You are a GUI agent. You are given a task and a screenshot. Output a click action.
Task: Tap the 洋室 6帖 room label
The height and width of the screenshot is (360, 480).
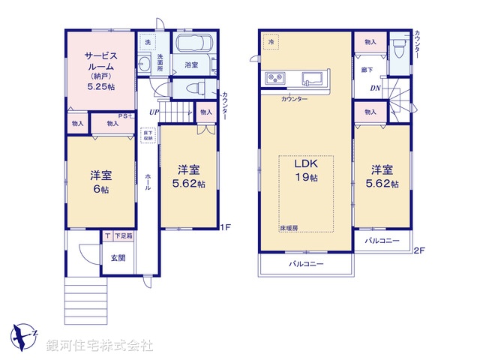coord(100,182)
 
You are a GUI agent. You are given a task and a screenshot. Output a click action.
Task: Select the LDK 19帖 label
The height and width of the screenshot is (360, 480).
coord(306,172)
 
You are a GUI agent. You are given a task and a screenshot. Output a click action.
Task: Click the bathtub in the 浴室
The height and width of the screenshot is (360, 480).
coord(194,46)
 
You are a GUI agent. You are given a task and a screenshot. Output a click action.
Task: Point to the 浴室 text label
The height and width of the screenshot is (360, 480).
coord(192,66)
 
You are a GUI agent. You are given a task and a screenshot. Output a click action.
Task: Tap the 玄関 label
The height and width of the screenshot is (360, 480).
coord(118,258)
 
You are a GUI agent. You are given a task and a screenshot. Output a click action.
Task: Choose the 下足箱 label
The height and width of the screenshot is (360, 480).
coord(123,236)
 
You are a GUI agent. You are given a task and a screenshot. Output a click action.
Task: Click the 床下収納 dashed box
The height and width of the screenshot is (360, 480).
coord(148,136)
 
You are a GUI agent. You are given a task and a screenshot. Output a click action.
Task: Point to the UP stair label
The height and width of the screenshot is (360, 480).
coord(154,112)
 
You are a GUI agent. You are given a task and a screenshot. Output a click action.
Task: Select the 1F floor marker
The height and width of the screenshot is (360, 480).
coord(224,226)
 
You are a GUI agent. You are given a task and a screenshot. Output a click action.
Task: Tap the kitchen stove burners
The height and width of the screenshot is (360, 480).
coord(274,77)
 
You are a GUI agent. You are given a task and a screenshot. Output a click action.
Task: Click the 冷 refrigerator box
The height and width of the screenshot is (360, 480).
coord(271,43)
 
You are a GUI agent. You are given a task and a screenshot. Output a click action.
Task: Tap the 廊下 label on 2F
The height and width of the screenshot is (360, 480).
coord(367,69)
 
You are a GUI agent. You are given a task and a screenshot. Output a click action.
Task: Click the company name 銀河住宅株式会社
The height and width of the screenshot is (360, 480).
coord(100,346)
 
